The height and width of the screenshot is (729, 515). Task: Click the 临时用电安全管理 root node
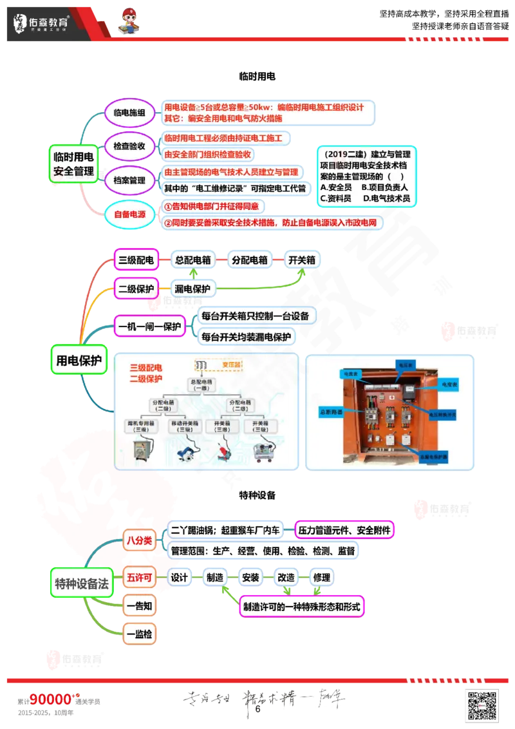click(74, 164)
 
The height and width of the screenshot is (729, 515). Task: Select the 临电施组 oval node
click(129, 113)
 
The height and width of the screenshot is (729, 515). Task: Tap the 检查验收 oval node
click(129, 146)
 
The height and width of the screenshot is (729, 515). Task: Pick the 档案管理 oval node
click(129, 180)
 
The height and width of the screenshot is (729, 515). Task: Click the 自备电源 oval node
click(129, 214)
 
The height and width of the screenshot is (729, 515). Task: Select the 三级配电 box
click(136, 260)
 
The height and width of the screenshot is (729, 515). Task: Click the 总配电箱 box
click(194, 260)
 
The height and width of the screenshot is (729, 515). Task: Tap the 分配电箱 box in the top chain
click(250, 260)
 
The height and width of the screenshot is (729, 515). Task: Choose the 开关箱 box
click(302, 260)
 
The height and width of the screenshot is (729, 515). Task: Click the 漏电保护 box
click(192, 289)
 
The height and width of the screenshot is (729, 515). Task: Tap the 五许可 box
click(139, 578)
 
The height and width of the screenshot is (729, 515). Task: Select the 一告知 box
click(139, 605)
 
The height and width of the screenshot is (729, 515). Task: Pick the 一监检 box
click(139, 634)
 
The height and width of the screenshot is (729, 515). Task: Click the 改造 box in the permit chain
click(285, 578)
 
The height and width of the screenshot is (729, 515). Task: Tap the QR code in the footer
click(482, 704)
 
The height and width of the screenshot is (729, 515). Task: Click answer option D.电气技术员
click(386, 198)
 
